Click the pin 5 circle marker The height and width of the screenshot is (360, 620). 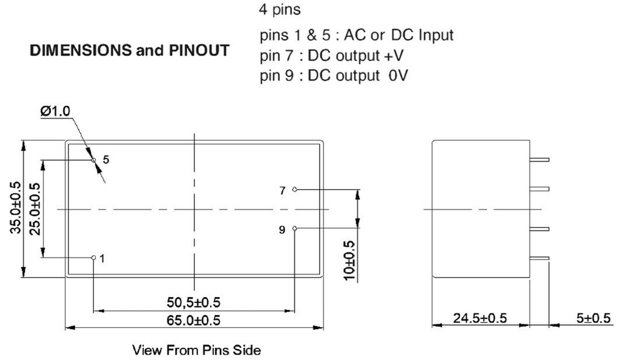(x=94, y=160)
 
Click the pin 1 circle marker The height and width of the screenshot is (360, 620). (x=93, y=257)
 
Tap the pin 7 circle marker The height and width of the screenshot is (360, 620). (x=294, y=189)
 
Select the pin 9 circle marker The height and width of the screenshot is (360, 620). (x=294, y=229)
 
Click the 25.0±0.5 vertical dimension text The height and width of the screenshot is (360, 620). (x=35, y=208)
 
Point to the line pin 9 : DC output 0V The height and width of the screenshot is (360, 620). (x=331, y=77)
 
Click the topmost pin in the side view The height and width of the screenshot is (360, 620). (x=538, y=160)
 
